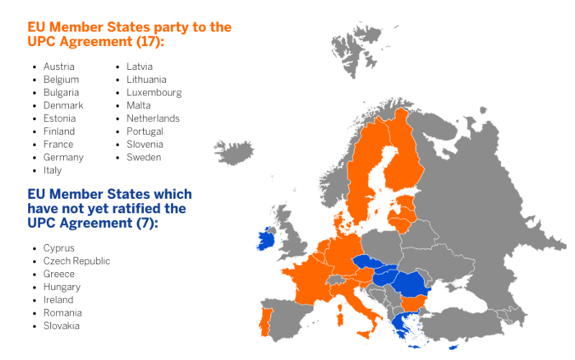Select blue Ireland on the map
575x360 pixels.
coord(265,239)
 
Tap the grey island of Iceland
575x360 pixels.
coord(233,150)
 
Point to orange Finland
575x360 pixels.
coord(402,160)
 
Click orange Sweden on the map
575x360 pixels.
coord(361,177)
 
